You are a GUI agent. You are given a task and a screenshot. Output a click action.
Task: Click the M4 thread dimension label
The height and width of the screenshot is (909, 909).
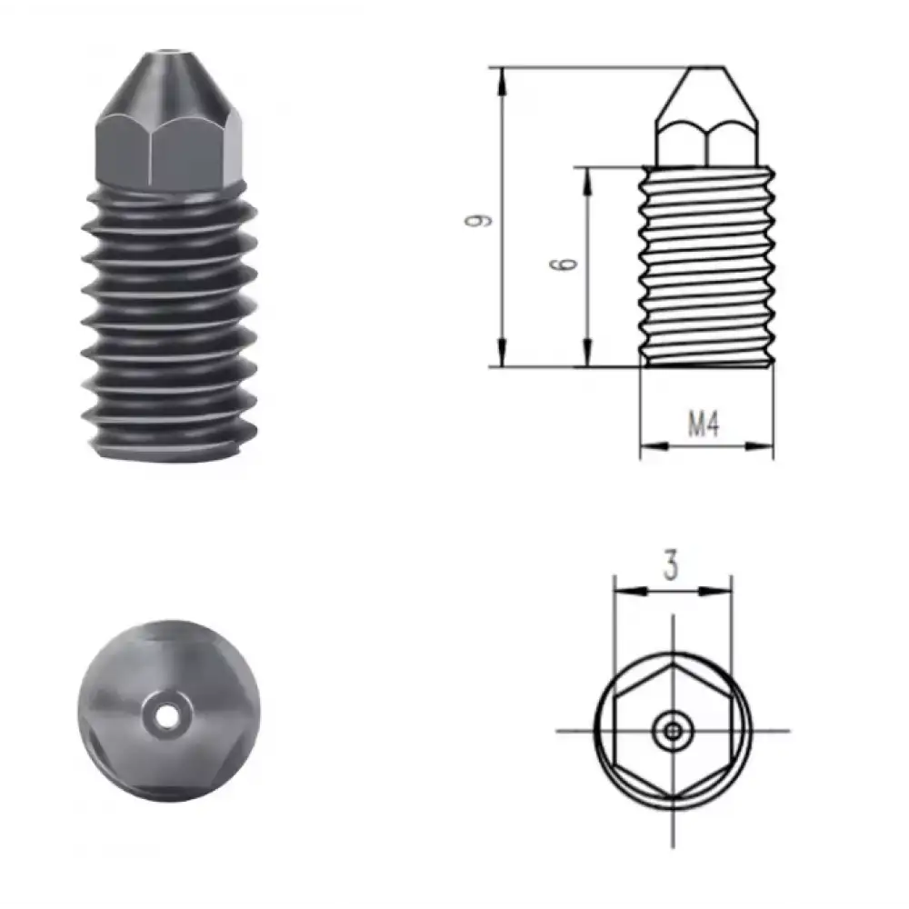coord(703,425)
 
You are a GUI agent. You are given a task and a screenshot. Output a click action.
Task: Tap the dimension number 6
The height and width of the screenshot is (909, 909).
coord(564,265)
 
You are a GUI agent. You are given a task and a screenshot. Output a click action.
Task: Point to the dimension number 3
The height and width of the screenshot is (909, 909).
coord(671,567)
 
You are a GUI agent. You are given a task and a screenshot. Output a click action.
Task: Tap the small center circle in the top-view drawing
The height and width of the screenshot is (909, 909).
coord(673,729)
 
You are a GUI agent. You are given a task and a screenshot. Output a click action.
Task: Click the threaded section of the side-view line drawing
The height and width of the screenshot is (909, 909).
coord(707,268)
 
